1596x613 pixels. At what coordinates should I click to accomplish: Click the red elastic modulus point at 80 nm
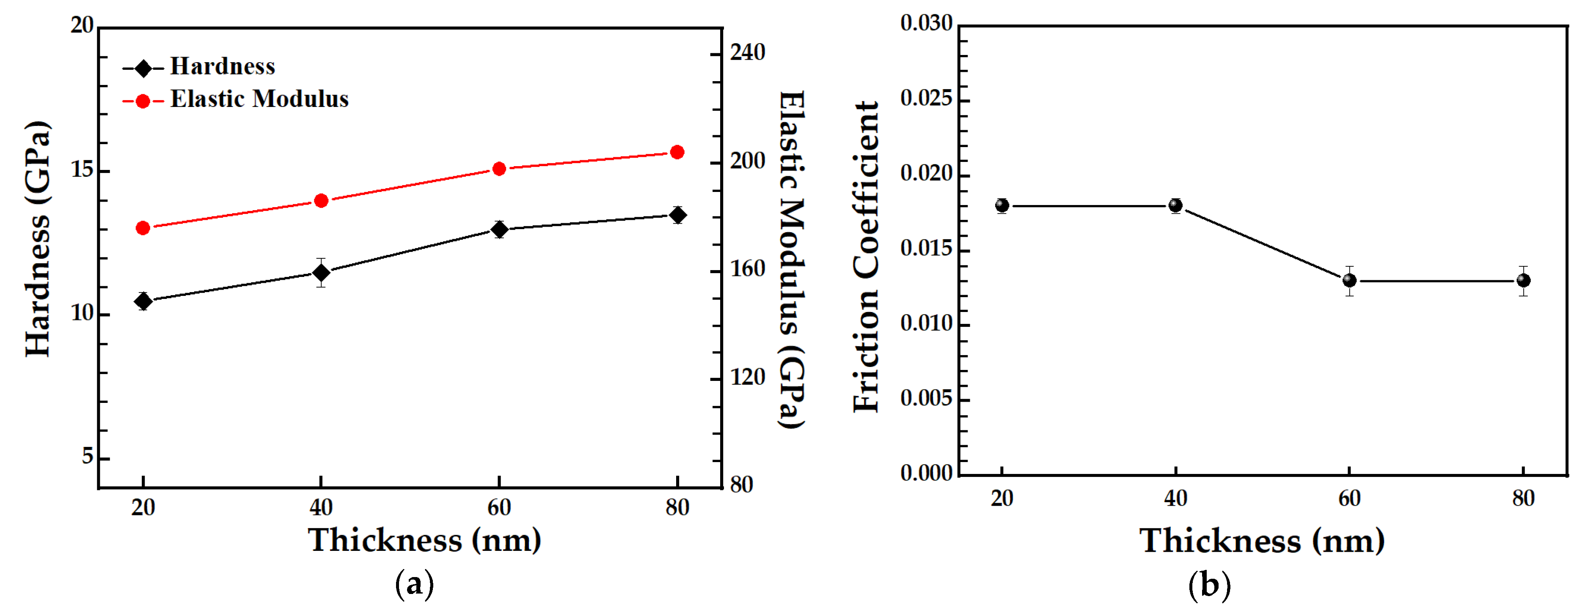coord(677,152)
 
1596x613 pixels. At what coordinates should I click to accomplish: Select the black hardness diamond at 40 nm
coord(321,272)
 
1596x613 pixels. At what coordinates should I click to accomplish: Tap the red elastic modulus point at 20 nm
coord(143,228)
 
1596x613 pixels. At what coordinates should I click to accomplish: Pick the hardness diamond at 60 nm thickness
coord(499,230)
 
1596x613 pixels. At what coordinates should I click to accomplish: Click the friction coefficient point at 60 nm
coord(1349,280)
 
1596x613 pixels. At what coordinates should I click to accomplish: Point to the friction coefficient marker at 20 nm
coord(1002,205)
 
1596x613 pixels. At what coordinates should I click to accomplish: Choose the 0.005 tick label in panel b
coord(926,398)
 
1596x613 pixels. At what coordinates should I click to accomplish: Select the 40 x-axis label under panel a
coord(321,508)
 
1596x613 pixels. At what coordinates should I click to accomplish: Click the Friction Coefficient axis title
coord(866,257)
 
